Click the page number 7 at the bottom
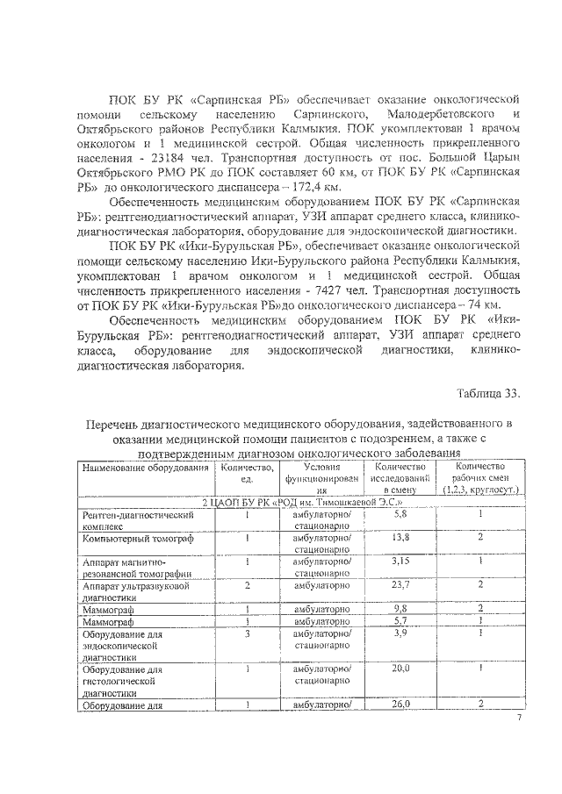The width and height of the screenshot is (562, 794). point(518,717)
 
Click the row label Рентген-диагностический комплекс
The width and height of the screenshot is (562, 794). point(136,519)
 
